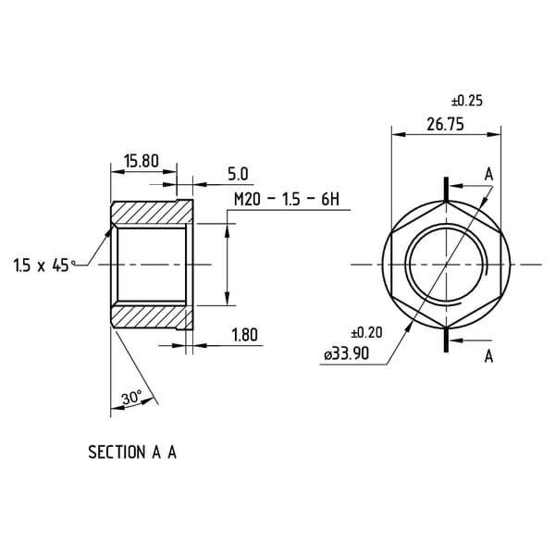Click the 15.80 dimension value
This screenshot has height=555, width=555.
tap(142, 161)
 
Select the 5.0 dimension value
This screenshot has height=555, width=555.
tap(238, 174)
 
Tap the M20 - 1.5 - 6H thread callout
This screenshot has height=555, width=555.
tap(287, 199)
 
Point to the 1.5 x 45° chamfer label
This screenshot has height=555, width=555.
tap(44, 265)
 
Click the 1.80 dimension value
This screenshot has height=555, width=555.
tap(244, 335)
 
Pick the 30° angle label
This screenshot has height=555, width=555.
tap(131, 398)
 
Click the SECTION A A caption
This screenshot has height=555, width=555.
tap(132, 452)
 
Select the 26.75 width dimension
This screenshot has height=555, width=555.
tap(445, 125)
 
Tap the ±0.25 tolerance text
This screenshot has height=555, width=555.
tap(467, 101)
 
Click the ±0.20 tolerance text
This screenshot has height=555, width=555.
tap(366, 333)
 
